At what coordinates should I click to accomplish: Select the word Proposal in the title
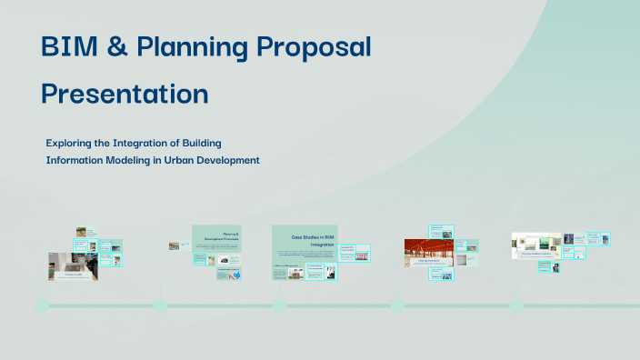(315, 47)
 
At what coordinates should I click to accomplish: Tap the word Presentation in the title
(125, 93)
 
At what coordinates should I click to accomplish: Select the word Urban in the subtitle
(181, 160)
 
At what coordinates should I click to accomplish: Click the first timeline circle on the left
(41, 305)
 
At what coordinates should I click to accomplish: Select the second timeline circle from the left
(160, 305)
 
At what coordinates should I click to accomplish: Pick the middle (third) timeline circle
(278, 305)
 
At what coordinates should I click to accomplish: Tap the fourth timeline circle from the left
(397, 305)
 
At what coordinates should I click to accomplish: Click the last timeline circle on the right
(516, 305)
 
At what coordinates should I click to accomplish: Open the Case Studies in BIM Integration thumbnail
(305, 241)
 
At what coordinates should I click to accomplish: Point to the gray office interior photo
(71, 265)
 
